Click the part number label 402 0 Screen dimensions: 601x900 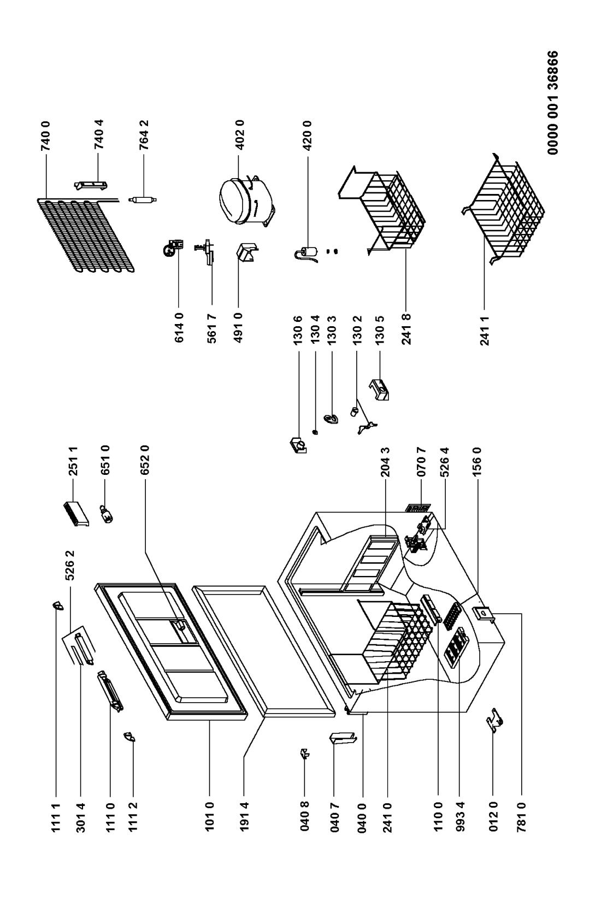[x=240, y=134]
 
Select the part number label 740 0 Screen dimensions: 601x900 [x=46, y=136]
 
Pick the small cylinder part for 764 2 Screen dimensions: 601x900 [x=143, y=199]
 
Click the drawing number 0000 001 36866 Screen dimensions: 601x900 [x=553, y=102]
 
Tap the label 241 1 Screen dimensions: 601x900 [x=485, y=331]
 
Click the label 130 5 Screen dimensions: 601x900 [x=380, y=330]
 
